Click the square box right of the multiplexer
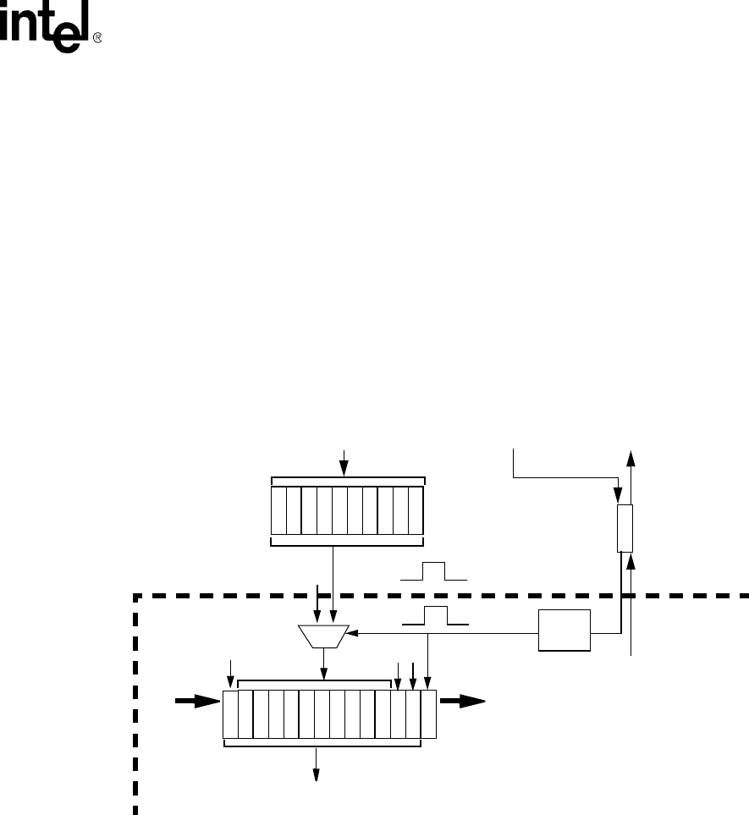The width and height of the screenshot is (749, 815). (x=565, y=629)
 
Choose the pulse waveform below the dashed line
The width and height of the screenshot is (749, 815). (x=435, y=615)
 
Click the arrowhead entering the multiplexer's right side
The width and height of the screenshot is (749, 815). (x=353, y=631)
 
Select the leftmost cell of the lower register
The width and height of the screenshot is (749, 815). (x=230, y=714)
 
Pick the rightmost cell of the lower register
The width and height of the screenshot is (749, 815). (x=428, y=714)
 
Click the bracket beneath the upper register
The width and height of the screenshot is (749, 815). (x=347, y=541)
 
